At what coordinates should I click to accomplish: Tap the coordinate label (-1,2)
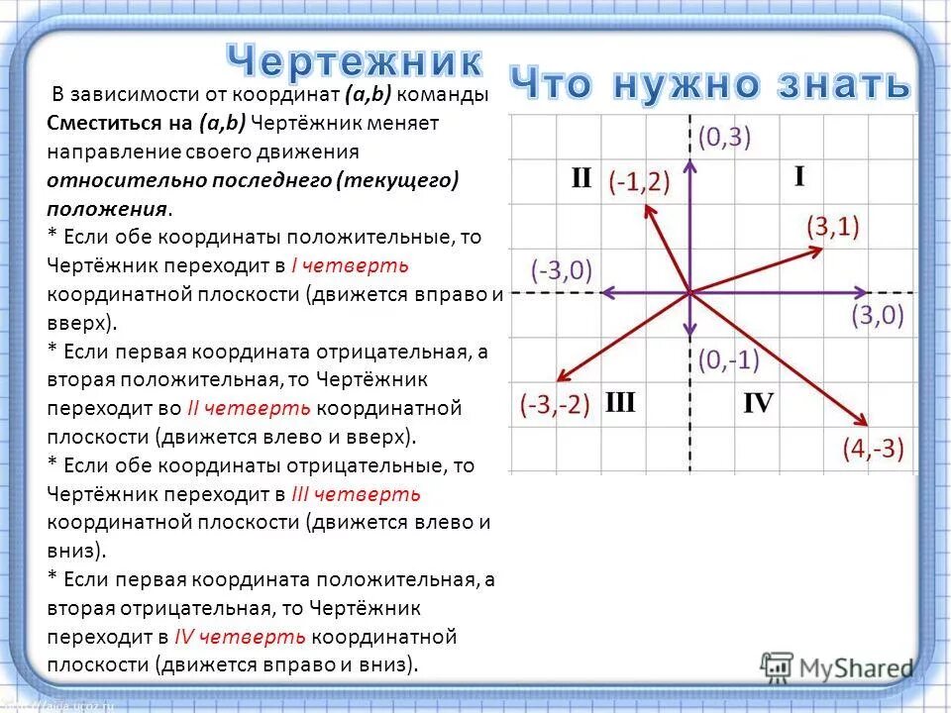click(640, 182)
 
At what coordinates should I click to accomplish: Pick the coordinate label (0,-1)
click(727, 359)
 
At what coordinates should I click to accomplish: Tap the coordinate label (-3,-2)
click(555, 406)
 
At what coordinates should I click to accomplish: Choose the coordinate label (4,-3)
click(873, 449)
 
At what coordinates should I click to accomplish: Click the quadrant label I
click(798, 176)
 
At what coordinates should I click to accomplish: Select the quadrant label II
click(581, 179)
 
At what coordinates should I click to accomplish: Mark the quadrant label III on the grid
click(619, 402)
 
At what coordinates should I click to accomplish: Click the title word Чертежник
click(356, 61)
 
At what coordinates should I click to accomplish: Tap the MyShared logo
click(836, 666)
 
